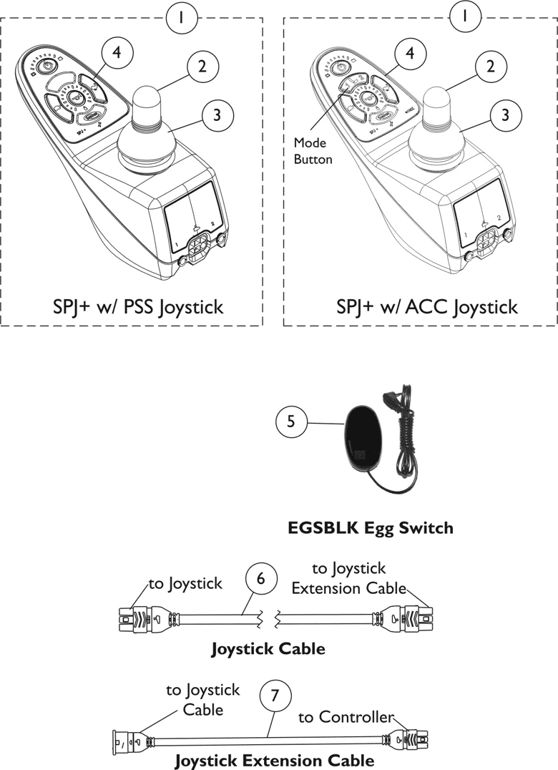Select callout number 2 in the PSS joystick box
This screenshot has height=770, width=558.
tap(202, 67)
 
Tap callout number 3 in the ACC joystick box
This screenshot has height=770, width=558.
tap(505, 114)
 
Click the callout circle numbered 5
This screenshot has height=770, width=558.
tap(291, 421)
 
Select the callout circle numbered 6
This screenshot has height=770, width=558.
tap(260, 579)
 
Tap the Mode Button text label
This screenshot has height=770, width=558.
tap(313, 152)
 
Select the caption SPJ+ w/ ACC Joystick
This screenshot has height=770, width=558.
tap(426, 308)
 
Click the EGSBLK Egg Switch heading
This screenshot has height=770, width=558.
tap(370, 528)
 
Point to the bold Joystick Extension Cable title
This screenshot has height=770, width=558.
tap(274, 759)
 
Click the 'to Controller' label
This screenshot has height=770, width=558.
tap(346, 716)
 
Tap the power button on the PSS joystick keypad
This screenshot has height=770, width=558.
tap(46, 67)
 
